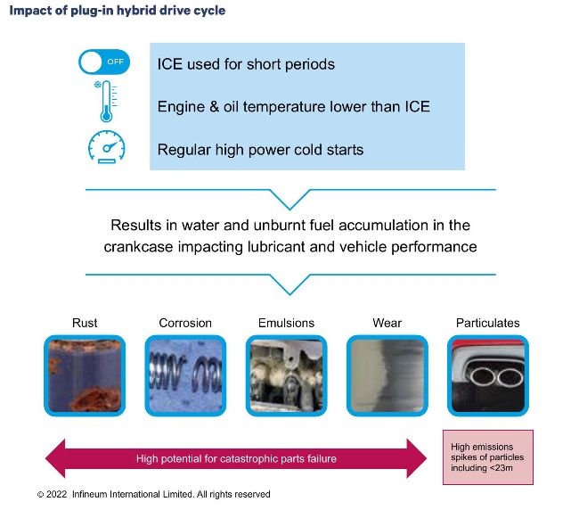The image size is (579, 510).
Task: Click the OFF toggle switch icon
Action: pos(104,62)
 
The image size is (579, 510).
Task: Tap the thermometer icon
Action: pos(106,102)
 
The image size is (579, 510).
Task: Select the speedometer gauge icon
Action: pos(107,147)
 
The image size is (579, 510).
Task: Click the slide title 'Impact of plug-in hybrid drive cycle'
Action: pos(117,11)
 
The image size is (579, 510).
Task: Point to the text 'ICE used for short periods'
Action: pos(246,64)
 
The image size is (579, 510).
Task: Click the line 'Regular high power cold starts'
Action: pos(260,150)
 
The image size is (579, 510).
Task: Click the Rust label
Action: pos(85,323)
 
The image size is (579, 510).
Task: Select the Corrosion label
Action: pos(185,323)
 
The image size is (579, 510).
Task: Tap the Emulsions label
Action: pos(286,323)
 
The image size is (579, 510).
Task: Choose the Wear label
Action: pos(387,323)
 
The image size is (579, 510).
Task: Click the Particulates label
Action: pos(488,323)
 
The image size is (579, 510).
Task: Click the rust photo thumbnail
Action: pos(85,375)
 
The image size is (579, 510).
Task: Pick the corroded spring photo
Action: pos(185,375)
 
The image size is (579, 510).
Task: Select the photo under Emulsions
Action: pos(286,375)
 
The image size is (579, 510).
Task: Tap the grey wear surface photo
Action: pos(387,375)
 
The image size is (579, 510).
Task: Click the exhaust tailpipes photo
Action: pos(488,375)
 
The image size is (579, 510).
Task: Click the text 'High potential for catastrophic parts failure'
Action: pos(236,458)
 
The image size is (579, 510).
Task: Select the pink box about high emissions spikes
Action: pos(488,457)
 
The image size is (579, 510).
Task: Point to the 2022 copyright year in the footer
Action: pos(56,494)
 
